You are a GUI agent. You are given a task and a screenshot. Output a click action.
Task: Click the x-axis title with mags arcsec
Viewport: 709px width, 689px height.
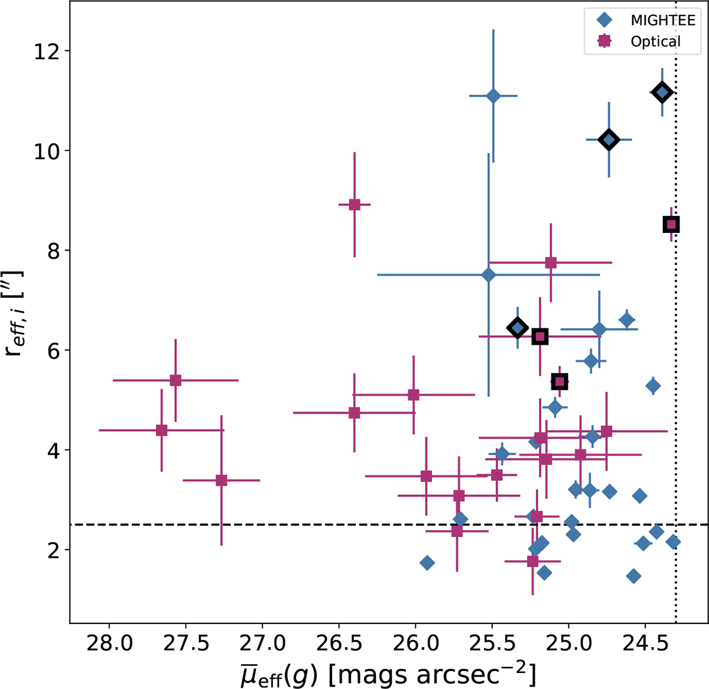point(388,672)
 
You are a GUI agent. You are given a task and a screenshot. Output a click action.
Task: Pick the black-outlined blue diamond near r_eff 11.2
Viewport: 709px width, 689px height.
point(662,92)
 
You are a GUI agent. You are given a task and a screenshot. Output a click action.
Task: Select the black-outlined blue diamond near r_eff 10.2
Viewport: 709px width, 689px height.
point(609,140)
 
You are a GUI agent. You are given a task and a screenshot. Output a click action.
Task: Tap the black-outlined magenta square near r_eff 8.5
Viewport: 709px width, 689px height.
point(671,224)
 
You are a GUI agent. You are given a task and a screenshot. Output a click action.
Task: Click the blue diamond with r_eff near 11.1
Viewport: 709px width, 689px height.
point(493,96)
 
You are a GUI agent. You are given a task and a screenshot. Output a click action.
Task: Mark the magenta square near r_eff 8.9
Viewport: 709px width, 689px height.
point(354,205)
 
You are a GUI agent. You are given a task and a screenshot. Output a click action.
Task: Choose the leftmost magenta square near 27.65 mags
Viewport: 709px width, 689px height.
point(161,430)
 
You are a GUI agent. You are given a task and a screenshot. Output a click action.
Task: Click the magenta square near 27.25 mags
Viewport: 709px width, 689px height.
point(222,480)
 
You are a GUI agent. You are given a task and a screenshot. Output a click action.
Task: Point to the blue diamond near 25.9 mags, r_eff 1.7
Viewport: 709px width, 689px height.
point(427,562)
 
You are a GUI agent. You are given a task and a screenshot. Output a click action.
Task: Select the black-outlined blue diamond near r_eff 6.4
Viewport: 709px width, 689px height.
point(518,328)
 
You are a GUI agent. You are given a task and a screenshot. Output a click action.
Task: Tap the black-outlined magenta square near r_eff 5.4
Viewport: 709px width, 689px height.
point(560,381)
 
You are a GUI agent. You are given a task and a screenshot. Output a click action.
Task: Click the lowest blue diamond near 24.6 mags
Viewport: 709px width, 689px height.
point(634,576)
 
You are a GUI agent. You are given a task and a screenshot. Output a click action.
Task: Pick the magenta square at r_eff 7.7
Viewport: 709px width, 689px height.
point(551,263)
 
